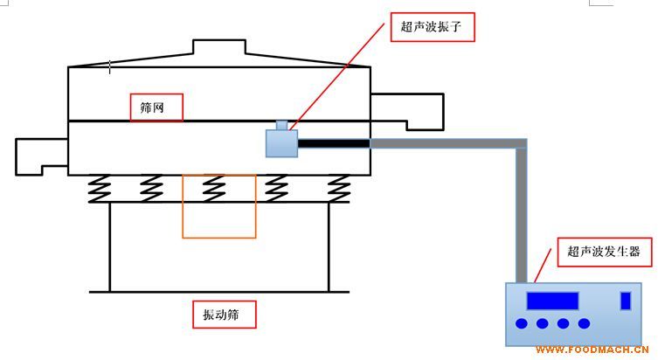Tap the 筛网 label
(x=156, y=107)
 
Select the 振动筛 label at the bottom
(x=224, y=315)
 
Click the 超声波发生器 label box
(x=604, y=253)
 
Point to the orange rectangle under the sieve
(x=219, y=206)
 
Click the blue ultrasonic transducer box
(x=282, y=142)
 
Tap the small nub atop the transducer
(x=281, y=125)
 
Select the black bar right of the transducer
(x=334, y=142)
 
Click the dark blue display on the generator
(x=551, y=301)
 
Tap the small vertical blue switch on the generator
(x=625, y=301)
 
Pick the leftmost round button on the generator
(x=522, y=324)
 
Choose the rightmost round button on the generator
(x=584, y=324)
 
